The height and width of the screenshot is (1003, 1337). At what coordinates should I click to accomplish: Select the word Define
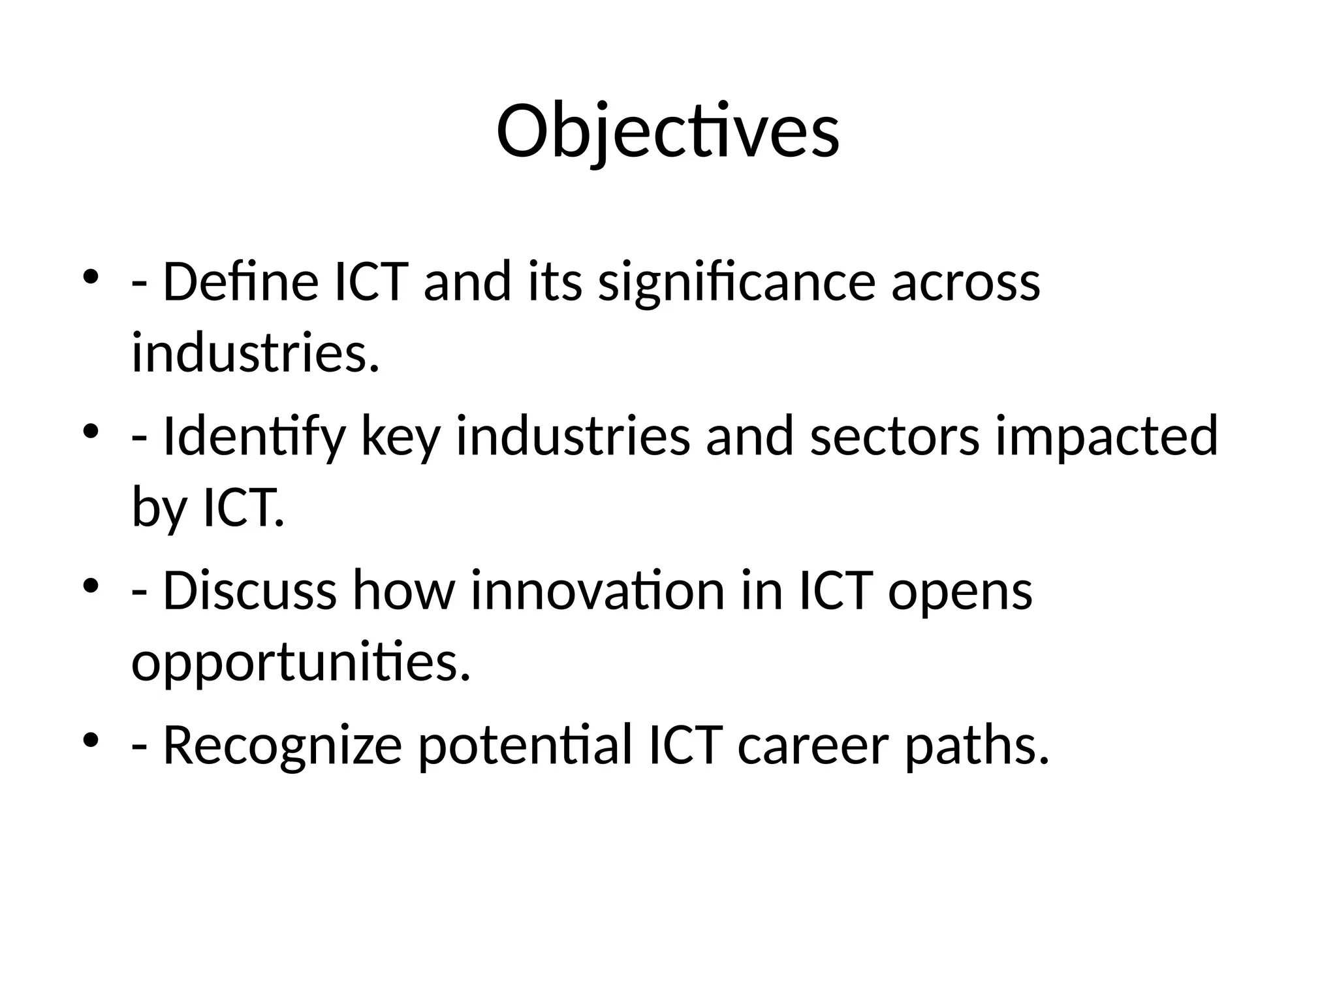click(x=240, y=282)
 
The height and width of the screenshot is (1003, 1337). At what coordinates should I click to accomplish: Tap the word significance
click(x=736, y=282)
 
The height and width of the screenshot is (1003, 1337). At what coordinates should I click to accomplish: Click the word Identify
click(x=253, y=436)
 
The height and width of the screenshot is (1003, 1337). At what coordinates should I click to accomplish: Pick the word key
click(x=400, y=436)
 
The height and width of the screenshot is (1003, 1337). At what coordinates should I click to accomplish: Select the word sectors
click(x=894, y=436)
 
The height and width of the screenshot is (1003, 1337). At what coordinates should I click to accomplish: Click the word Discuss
click(x=249, y=590)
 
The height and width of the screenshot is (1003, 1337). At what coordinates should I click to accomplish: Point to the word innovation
click(x=597, y=590)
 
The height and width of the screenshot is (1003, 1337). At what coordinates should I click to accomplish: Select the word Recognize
click(x=282, y=746)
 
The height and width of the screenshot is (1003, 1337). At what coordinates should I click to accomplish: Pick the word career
click(x=813, y=746)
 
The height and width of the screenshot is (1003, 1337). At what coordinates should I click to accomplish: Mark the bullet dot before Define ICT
click(x=91, y=277)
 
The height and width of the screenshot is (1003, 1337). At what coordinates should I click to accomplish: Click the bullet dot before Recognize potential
click(x=91, y=740)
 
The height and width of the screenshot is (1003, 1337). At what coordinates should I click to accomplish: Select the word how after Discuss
click(x=403, y=590)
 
